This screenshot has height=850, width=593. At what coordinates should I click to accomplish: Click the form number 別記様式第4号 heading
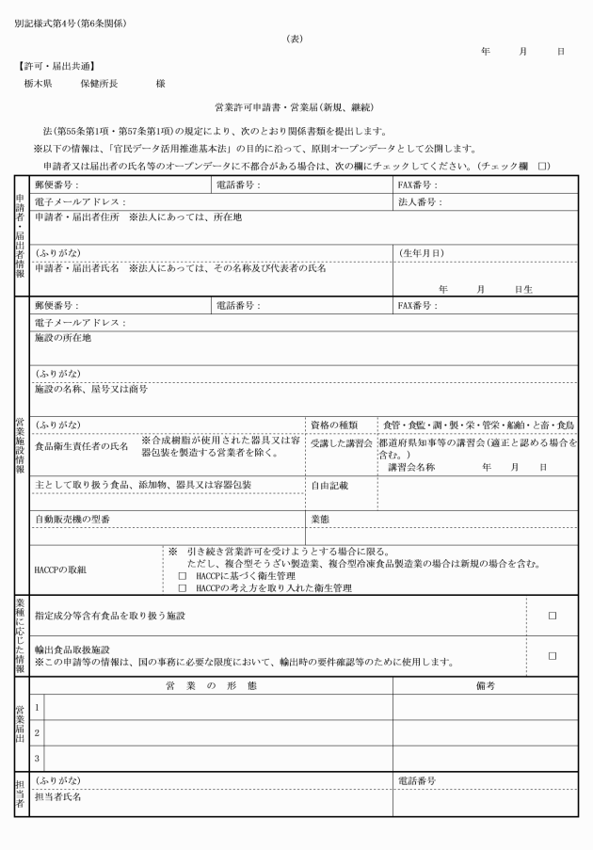coord(70,22)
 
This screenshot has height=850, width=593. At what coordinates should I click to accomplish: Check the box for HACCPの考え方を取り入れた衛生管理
coord(183,587)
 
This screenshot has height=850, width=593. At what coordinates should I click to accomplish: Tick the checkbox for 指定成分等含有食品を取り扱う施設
coord(553,616)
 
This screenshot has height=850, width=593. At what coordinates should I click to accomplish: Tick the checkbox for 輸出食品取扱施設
coord(553,655)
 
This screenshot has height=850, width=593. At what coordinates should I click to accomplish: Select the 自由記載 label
coord(329,486)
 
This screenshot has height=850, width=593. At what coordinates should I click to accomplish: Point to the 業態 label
coord(320,519)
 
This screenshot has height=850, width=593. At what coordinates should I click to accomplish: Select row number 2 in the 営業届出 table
coord(37,731)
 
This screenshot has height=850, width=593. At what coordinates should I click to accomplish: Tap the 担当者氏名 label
coord(57,797)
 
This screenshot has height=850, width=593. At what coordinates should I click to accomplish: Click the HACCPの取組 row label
coord(60,569)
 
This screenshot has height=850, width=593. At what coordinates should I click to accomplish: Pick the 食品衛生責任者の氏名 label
coord(81,447)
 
